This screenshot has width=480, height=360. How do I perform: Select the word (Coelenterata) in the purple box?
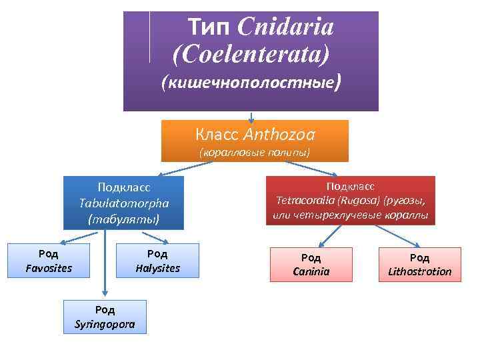(251, 53)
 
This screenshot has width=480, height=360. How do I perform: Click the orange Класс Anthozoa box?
(255, 140)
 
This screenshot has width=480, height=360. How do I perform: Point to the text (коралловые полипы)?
(255, 153)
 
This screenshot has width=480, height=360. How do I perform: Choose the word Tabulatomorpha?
(124, 203)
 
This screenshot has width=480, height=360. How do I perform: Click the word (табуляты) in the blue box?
(124, 218)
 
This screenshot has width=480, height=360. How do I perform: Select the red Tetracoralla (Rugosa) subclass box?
(350, 200)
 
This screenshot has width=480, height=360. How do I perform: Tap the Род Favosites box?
(49, 261)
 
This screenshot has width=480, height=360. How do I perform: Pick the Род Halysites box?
(157, 261)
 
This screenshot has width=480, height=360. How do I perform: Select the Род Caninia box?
(311, 264)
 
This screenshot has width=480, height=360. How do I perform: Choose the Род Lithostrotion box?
(419, 264)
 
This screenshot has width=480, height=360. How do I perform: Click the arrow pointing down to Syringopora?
(104, 267)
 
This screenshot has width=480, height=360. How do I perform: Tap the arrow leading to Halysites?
(153, 237)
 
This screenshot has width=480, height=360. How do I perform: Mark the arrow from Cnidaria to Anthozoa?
(251, 116)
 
